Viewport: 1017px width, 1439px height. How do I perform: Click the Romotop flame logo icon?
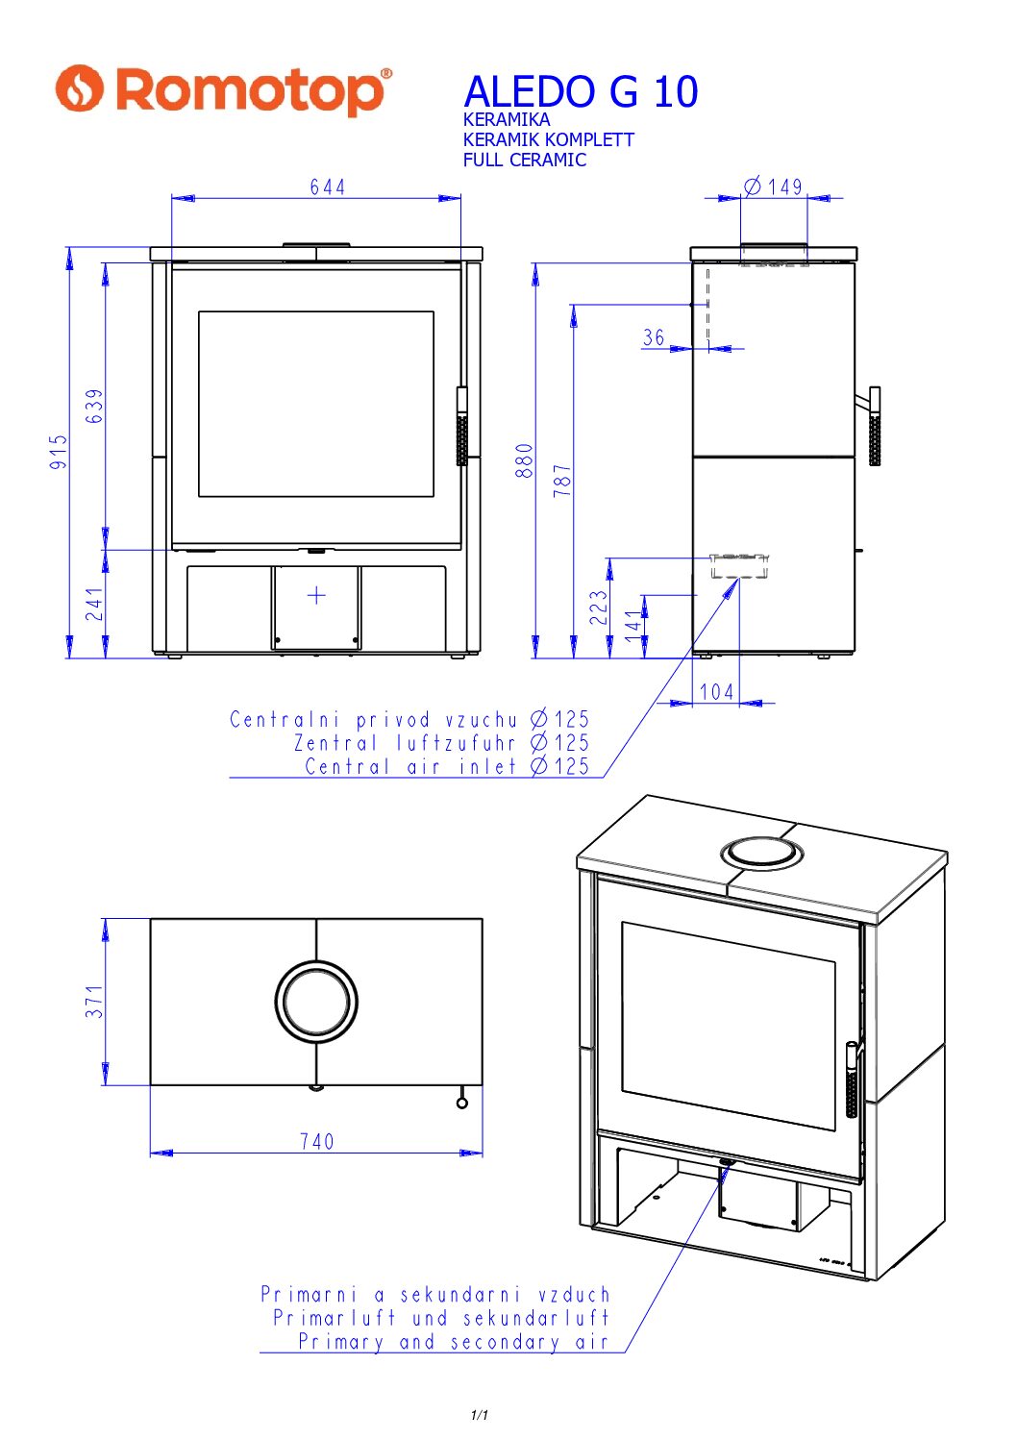pos(79,88)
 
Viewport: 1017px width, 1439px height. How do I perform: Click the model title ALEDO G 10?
pos(581,92)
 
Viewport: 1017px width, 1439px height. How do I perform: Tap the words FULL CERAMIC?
pos(524,160)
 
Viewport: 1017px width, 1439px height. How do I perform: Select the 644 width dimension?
pos(328,186)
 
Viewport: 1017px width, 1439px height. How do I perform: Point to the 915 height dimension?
pos(59,452)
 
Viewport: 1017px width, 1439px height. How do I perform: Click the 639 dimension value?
pos(94,406)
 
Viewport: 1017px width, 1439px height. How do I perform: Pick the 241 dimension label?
pos(94,604)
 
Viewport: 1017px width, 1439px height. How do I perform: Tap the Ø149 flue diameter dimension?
pos(773,186)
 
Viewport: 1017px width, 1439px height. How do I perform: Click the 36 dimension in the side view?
pos(654,337)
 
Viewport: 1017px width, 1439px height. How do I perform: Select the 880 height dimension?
pos(524,460)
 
